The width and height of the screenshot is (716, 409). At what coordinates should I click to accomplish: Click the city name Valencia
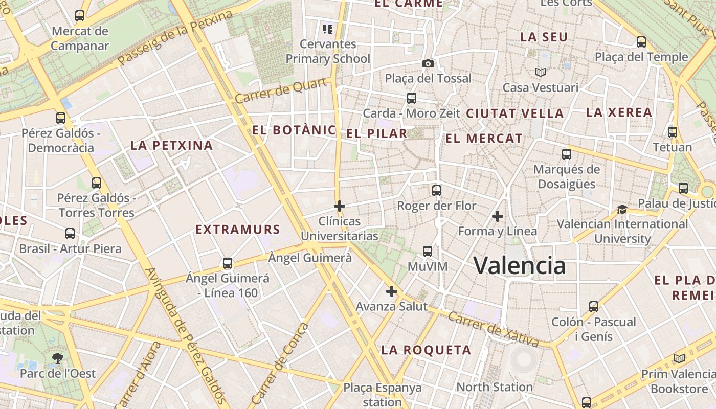[520, 265]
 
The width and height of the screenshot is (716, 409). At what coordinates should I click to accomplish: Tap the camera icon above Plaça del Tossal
[428, 63]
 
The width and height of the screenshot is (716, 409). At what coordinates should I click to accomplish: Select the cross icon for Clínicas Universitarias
[340, 206]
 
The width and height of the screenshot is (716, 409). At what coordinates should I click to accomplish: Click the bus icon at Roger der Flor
[436, 191]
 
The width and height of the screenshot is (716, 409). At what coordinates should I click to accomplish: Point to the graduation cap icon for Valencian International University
[622, 209]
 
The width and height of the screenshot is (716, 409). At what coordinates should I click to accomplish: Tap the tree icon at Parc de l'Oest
[57, 358]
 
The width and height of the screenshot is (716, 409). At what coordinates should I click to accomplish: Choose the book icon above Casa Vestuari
[541, 73]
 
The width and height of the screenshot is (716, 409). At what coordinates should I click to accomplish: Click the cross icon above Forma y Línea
[497, 216]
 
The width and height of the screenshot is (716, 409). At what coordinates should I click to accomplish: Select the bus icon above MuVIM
[428, 252]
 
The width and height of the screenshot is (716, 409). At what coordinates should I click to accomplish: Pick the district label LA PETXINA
[171, 145]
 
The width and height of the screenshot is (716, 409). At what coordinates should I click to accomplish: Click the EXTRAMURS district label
[238, 230]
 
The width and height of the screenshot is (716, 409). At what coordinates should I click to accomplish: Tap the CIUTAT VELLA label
[515, 113]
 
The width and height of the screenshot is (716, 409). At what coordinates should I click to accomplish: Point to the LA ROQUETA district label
[426, 350]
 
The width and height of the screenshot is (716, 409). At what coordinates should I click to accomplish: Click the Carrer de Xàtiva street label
[493, 330]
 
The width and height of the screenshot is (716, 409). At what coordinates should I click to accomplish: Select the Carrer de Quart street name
[281, 90]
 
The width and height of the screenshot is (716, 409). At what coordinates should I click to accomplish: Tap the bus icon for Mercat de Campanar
[80, 16]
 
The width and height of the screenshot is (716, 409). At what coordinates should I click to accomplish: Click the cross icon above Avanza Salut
[392, 291]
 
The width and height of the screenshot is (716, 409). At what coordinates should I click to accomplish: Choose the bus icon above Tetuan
[673, 132]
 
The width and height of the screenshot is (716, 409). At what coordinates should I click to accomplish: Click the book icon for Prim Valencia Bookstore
[679, 359]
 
